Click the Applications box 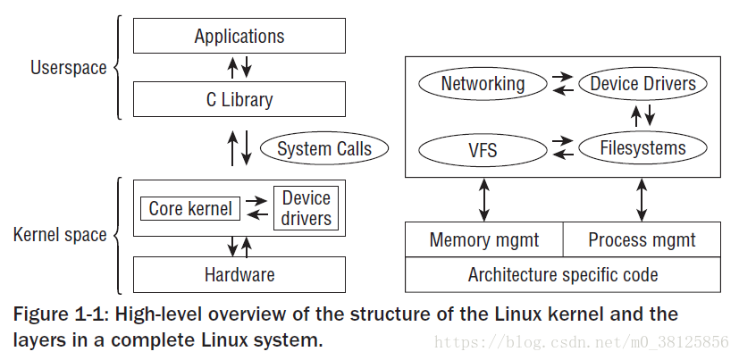tap(239, 37)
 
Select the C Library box tap(239, 100)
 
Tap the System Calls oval tap(323, 149)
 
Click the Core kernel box tap(189, 209)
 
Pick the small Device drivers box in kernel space tap(306, 208)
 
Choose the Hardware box tap(239, 274)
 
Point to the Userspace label tap(68, 68)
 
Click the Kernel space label tap(60, 236)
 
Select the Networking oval tap(483, 84)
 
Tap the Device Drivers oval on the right tap(642, 84)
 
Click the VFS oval tap(483, 149)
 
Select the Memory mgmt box tap(483, 239)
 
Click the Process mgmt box tap(642, 239)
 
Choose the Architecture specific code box tap(562, 274)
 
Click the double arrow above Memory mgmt tap(483, 199)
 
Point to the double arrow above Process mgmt tap(642, 199)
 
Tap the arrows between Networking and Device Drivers tap(562, 84)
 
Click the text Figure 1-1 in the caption tap(57, 314)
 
